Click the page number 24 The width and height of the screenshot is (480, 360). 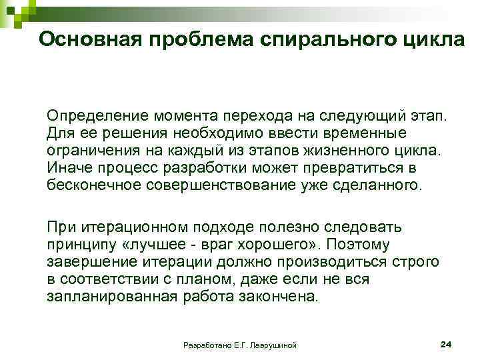447,344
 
